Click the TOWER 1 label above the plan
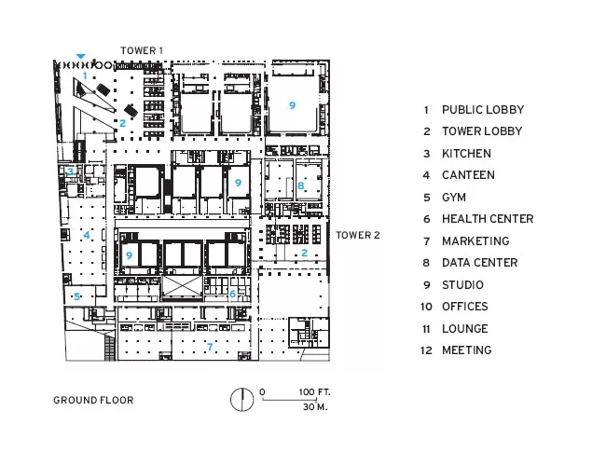point(142,50)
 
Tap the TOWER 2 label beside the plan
point(358,235)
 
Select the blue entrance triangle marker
point(80,57)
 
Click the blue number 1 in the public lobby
point(85,75)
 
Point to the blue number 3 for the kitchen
point(70,171)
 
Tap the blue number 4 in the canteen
point(86,235)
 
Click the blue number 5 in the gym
point(76,296)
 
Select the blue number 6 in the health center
point(232,295)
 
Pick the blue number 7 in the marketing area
point(210,347)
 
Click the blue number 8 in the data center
point(301,185)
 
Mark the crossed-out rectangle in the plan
point(182,287)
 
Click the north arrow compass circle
point(242,399)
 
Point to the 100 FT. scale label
point(314,392)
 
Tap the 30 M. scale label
point(315,407)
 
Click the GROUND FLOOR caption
point(93,400)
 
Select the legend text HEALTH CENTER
point(488,219)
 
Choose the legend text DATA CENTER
point(479,263)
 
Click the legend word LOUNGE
point(465,329)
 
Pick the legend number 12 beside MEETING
point(426,350)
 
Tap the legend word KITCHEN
point(466,154)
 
